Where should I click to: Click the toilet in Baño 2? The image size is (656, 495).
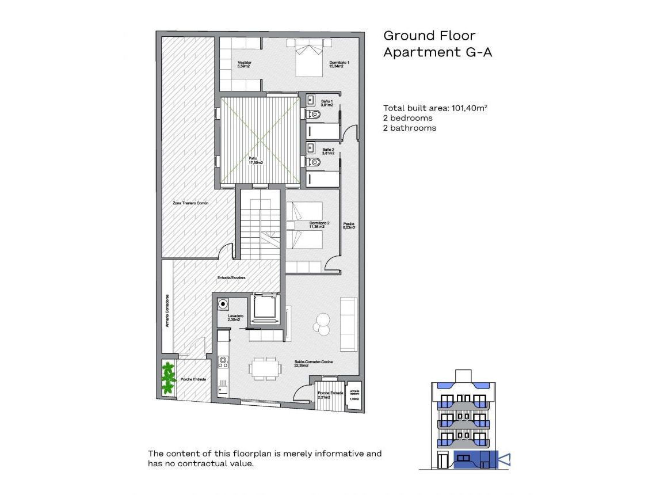click(x=315, y=162)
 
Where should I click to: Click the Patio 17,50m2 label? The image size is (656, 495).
click(x=255, y=161)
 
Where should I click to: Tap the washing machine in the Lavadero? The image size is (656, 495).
click(x=223, y=304)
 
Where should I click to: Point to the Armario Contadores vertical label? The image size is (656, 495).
click(x=167, y=311)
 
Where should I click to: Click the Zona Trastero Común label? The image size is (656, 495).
click(x=190, y=203)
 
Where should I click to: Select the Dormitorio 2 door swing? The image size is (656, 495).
click(x=333, y=264)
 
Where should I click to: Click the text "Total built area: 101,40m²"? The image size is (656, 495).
click(x=436, y=108)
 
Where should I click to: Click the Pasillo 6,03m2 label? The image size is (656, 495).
click(x=349, y=226)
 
